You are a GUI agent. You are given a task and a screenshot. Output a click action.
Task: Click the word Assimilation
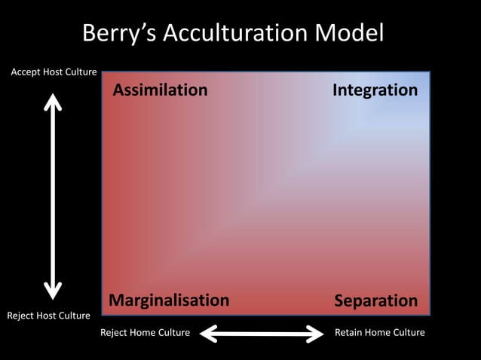point(160,91)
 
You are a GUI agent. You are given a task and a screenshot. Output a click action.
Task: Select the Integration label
point(375,91)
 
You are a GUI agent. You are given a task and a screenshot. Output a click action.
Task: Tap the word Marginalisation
point(169,301)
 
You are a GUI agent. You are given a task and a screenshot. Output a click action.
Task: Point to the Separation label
point(375,301)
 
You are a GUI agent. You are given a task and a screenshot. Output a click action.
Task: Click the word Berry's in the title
point(120,34)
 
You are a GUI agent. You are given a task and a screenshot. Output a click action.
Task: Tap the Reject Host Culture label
point(48,315)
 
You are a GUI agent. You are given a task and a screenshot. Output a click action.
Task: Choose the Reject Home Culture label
point(145,332)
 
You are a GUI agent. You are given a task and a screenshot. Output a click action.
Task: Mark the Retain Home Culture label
point(379,332)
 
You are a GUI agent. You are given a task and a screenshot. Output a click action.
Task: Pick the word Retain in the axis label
point(349,332)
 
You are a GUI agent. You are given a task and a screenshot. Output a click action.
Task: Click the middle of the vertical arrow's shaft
point(52,195)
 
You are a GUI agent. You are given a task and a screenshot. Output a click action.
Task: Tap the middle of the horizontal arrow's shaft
point(262,332)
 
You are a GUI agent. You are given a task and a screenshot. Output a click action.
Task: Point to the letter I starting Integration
point(335,91)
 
